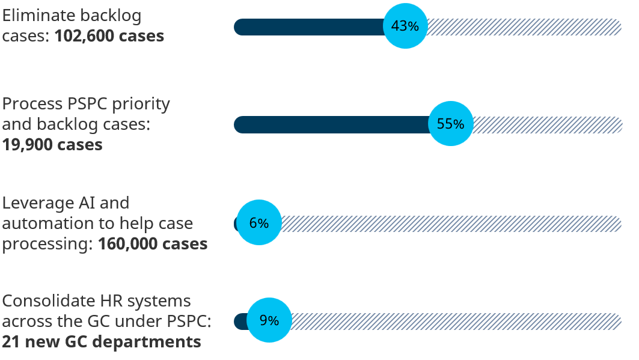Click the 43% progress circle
[405, 26]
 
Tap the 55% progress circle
[451, 124]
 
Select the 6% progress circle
[259, 223]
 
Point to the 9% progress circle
[269, 320]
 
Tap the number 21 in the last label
[11, 342]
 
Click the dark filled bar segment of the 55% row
[331, 124]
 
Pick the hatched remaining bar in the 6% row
[451, 224]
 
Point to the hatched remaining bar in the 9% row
[457, 321]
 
